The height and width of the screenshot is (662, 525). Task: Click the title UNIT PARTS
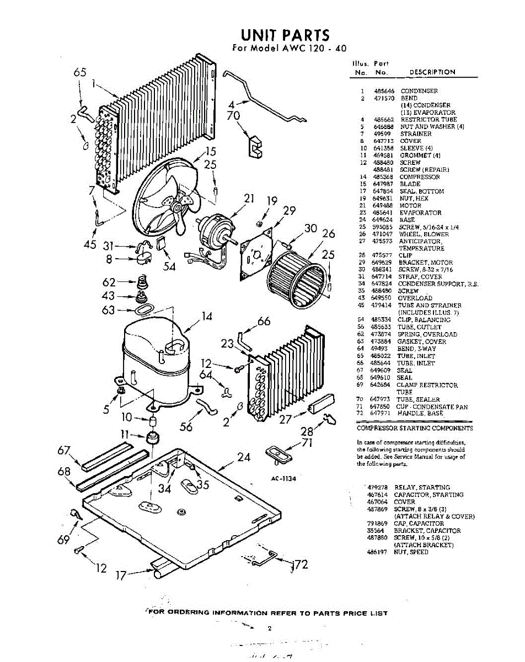pos(286,35)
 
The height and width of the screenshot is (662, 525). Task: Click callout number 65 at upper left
pos(80,73)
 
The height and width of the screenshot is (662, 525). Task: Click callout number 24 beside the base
pos(243,457)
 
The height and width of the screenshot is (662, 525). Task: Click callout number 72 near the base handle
pos(301,564)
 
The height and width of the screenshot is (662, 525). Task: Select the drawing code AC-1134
pos(283,478)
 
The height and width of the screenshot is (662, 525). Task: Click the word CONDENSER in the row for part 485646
pos(419,90)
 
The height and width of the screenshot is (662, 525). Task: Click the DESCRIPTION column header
pos(432,72)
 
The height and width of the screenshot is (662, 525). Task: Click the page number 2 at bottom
pos(269,628)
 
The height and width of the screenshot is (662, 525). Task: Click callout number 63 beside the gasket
pos(109,311)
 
